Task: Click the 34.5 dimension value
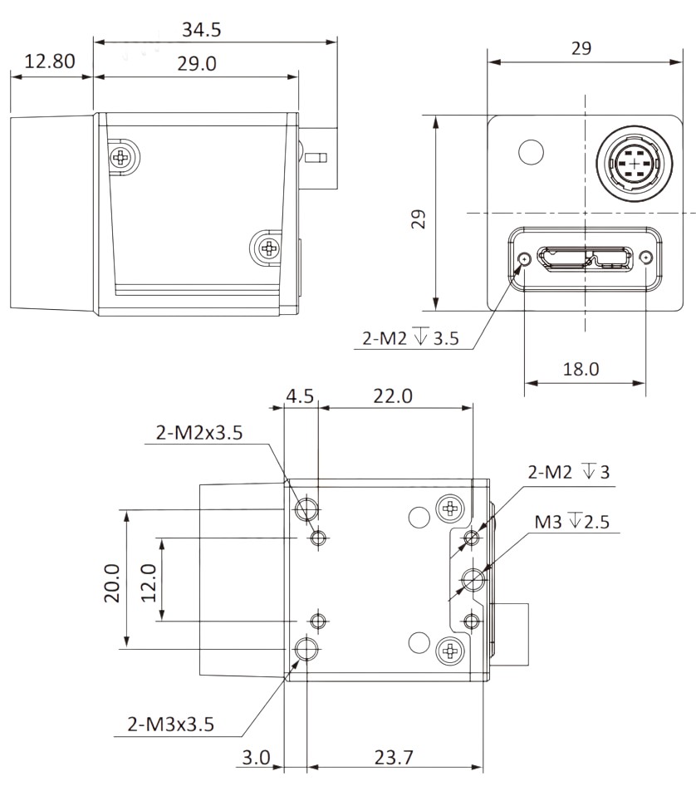[x=202, y=30]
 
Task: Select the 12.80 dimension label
[x=50, y=61]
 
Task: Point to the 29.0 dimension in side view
[x=197, y=63]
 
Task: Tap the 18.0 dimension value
[x=581, y=369]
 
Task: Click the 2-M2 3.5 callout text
[x=410, y=338]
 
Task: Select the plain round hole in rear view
[x=530, y=151]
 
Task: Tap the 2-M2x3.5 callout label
[x=199, y=433]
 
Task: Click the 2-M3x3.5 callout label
[x=170, y=724]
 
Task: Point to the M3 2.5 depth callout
[x=572, y=522]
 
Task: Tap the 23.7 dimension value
[x=394, y=757]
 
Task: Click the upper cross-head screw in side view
[x=124, y=155]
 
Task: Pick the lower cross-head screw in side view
[x=267, y=247]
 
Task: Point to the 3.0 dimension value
[x=257, y=757]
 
